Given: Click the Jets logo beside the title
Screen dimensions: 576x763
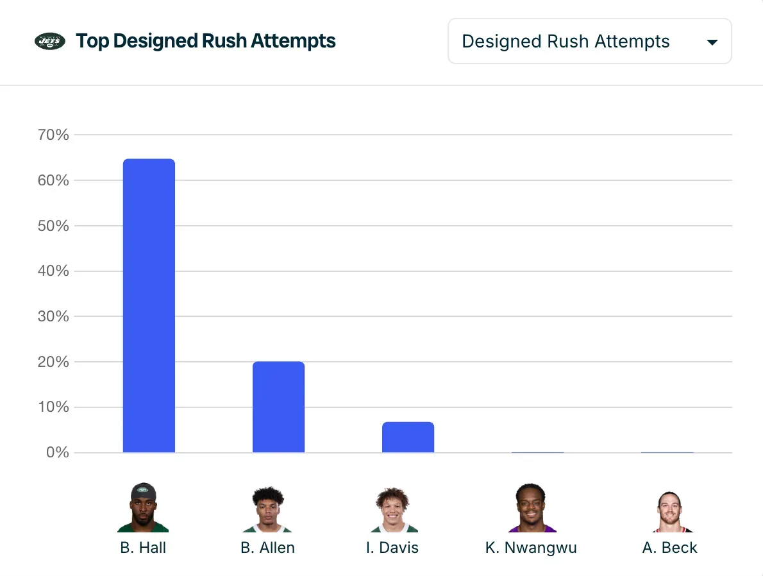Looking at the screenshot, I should (x=50, y=42).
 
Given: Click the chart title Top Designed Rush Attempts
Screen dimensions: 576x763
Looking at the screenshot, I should (x=206, y=41).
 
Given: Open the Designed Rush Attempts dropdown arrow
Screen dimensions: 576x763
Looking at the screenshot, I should (x=712, y=42).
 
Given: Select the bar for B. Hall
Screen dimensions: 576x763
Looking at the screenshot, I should (x=149, y=305).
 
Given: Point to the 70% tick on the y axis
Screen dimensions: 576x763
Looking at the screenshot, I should (x=53, y=135).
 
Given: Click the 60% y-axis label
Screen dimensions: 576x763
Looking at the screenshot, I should (x=53, y=180).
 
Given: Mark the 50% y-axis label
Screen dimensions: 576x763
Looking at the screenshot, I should (x=53, y=226).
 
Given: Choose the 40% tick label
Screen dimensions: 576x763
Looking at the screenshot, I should (x=53, y=271).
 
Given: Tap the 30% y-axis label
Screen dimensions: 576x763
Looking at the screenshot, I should (x=53, y=316).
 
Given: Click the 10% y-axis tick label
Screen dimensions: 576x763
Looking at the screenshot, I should (x=53, y=407).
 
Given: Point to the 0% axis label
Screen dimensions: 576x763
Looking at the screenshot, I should (x=56, y=453).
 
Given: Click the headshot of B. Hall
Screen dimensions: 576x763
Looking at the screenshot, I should (x=143, y=508).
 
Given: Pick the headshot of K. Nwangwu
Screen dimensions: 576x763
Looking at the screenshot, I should (x=531, y=508).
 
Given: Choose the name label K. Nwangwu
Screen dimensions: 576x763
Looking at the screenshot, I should (x=531, y=548).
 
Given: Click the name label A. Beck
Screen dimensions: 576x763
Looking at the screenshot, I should (x=669, y=548).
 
